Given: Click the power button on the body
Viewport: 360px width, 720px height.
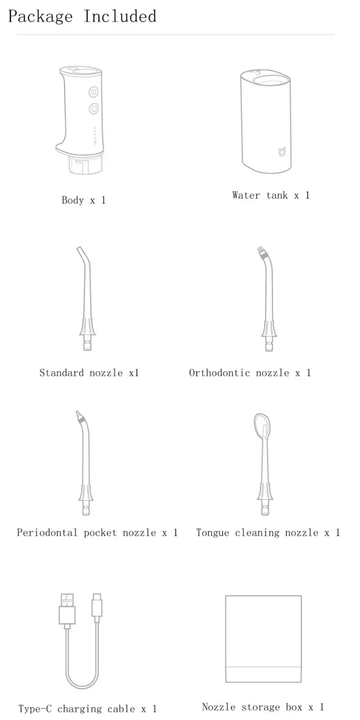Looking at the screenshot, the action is tap(93, 92).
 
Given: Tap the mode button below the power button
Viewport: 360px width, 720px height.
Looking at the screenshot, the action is tap(94, 108).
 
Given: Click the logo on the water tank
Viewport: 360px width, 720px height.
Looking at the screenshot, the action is tap(281, 152).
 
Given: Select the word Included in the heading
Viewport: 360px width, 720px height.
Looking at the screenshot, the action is tap(120, 17).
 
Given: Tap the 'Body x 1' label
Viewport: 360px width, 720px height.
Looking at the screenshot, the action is tap(84, 200).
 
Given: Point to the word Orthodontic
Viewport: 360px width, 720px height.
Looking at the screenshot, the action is tap(220, 373).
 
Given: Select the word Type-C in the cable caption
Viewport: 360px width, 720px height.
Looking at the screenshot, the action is tap(35, 709).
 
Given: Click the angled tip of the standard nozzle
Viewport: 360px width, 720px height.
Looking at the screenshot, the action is tap(80, 250).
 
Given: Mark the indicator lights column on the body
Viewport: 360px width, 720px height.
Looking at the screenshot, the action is tap(94, 135).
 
